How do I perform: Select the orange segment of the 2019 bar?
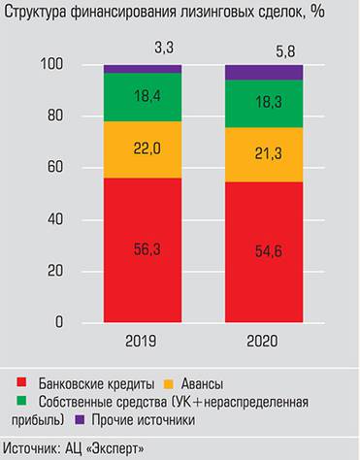click(x=142, y=149)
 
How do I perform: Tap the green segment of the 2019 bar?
click(x=142, y=97)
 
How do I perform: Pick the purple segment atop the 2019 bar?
click(x=142, y=69)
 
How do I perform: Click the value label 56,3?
click(x=142, y=249)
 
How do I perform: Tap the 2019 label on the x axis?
click(x=142, y=343)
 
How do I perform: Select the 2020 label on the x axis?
click(x=262, y=343)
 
